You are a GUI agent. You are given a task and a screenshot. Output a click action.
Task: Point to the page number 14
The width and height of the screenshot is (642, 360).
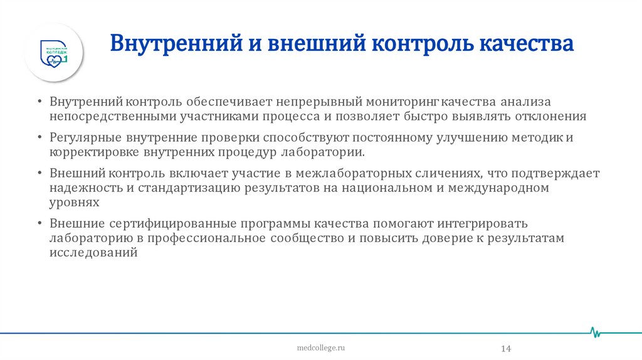click(x=507, y=348)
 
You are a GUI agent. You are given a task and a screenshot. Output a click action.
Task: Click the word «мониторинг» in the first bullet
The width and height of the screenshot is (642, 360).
click(x=407, y=102)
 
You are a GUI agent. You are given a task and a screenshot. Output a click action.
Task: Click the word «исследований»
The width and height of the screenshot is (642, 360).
click(x=93, y=253)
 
